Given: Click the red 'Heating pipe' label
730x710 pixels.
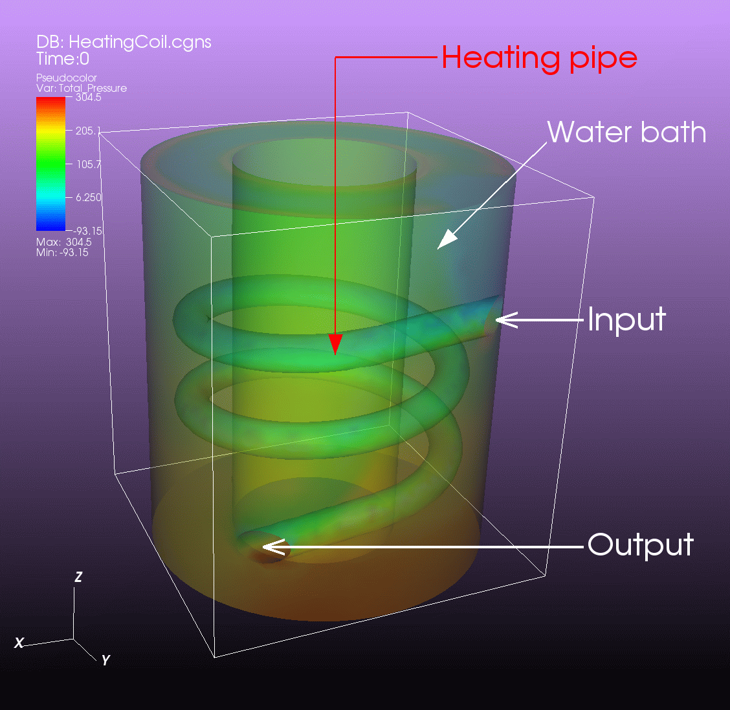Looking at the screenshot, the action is [539, 59].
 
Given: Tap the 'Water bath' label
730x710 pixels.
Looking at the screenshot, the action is [626, 132].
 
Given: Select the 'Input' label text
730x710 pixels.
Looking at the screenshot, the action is [626, 319].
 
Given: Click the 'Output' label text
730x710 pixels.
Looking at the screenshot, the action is [641, 544].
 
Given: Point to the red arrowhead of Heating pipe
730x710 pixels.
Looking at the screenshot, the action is [335, 344].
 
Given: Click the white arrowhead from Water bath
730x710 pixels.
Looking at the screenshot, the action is [447, 239].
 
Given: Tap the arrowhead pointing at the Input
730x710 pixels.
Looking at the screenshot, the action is [507, 320].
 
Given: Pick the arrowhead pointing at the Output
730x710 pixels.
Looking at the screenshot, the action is [274, 547].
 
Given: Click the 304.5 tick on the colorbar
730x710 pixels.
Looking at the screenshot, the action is [89, 97].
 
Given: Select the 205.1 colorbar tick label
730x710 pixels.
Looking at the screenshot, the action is [88, 131].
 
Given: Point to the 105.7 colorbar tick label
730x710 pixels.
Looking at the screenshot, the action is [89, 164].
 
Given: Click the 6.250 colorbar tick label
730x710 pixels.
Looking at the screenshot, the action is [89, 197].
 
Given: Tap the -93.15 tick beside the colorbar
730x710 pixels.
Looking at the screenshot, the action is [87, 231].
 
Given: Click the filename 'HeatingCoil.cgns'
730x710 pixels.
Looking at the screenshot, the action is [140, 42].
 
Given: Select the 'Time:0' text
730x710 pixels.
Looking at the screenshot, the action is [63, 59].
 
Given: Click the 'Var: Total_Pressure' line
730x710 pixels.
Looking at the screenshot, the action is [82, 88].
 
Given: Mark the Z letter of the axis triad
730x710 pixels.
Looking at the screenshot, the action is [78, 577].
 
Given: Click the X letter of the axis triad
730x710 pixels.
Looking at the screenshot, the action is [19, 643].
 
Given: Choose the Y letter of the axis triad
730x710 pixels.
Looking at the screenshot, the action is [105, 660].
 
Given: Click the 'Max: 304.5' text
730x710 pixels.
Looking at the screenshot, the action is [64, 242].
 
